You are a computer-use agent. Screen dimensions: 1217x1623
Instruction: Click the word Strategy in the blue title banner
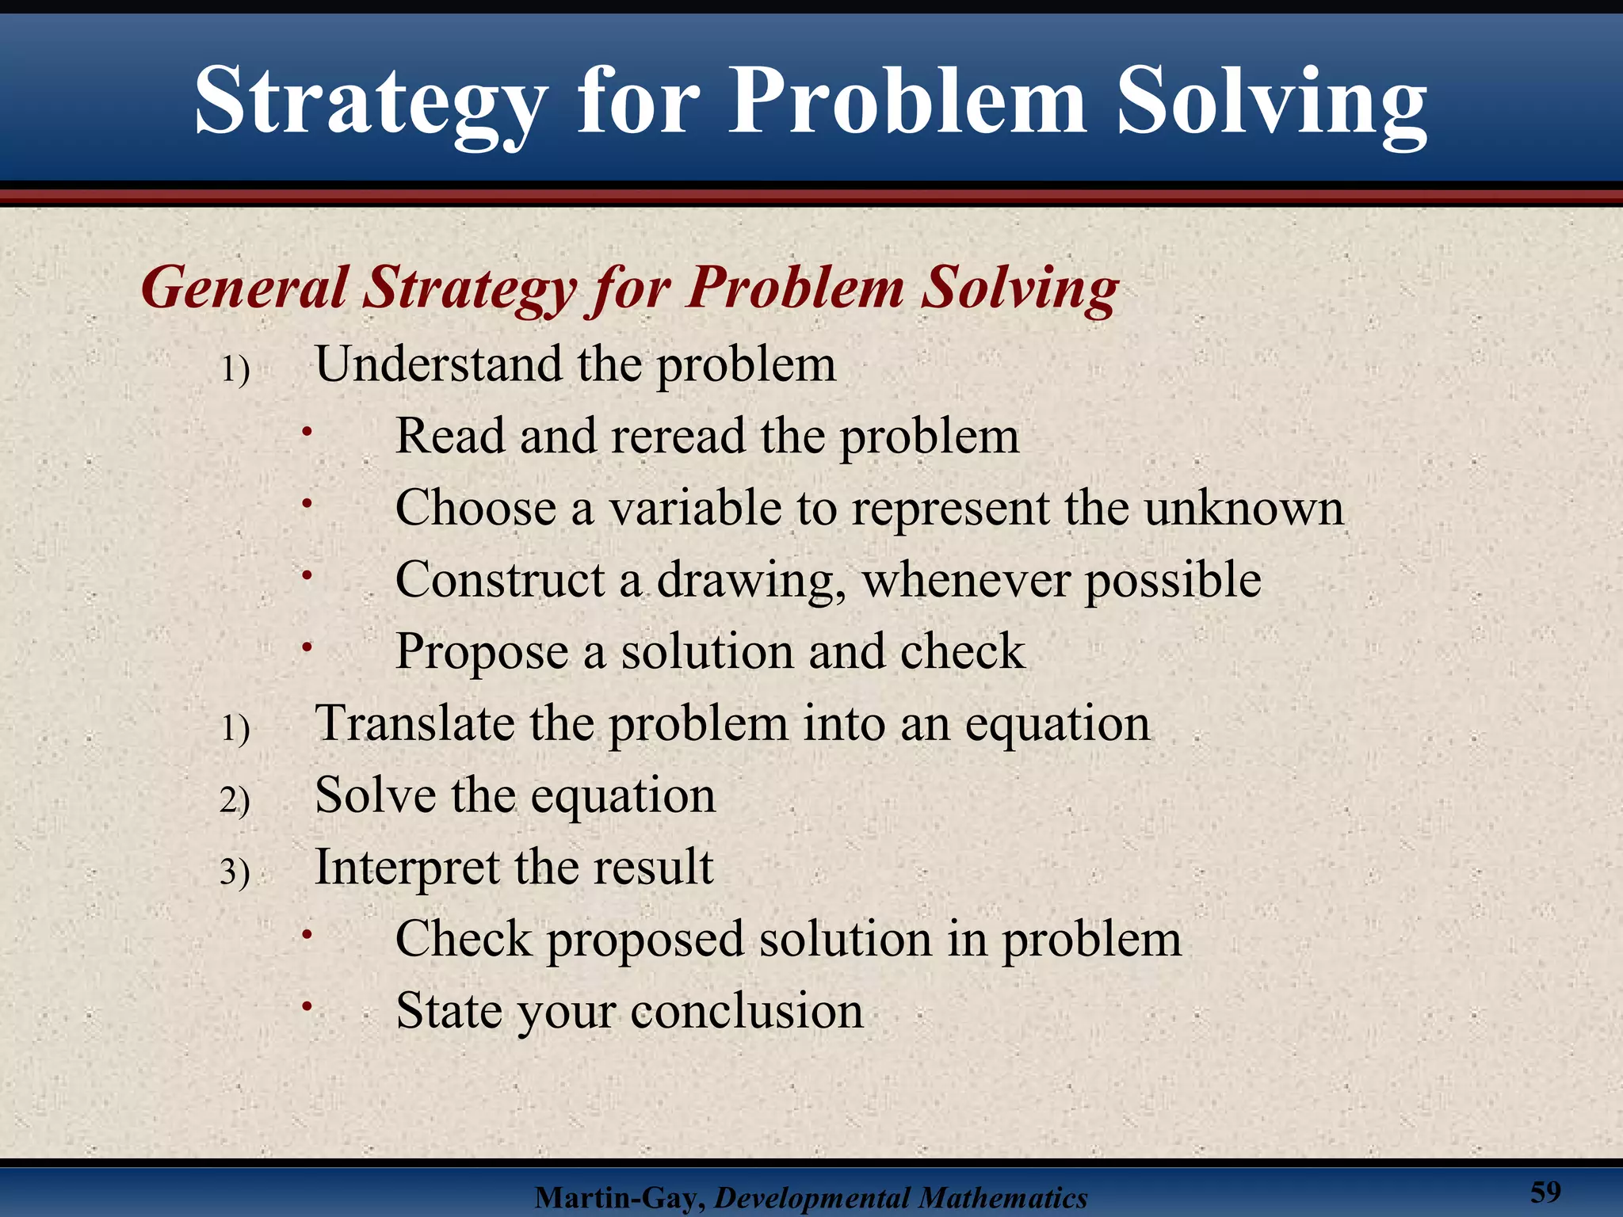click(371, 103)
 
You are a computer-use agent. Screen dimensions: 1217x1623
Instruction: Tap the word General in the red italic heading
click(245, 287)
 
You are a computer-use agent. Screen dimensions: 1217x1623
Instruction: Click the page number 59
click(1545, 1192)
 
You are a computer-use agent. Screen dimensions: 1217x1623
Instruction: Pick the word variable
click(695, 508)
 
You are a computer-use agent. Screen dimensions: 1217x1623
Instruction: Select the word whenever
click(966, 580)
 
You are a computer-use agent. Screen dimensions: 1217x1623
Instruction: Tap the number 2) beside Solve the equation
click(235, 800)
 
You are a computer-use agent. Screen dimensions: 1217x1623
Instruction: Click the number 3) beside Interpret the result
click(235, 872)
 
